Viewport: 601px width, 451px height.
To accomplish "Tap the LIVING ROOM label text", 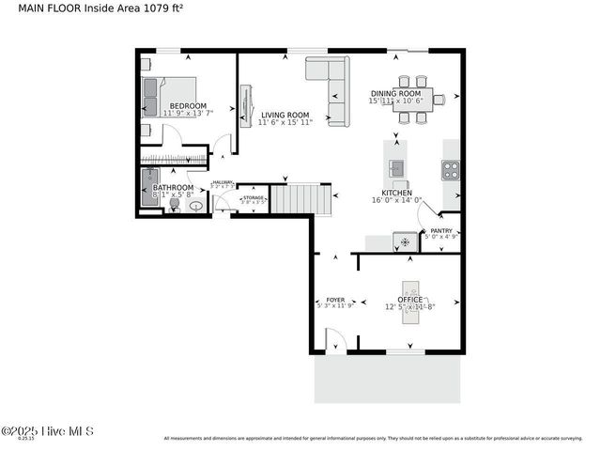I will (285, 115).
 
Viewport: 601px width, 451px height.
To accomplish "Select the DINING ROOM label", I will (394, 94).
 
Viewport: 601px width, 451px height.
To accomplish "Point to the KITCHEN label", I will (396, 193).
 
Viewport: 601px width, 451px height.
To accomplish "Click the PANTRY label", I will (440, 231).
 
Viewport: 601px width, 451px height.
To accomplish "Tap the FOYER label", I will (335, 300).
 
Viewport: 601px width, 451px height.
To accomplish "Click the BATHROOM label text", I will (173, 188).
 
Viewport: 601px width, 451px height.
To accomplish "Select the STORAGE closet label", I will (253, 198).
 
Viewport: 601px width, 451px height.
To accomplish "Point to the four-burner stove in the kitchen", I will (451, 170).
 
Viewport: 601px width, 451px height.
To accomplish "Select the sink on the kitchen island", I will (396, 169).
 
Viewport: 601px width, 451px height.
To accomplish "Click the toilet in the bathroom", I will (175, 204).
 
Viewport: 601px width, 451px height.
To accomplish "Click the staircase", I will (301, 198).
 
